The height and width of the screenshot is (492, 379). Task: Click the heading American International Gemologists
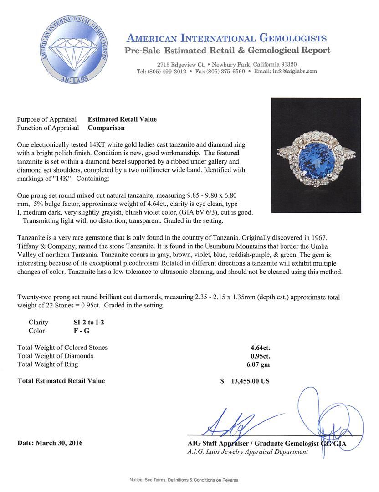[x=226, y=38]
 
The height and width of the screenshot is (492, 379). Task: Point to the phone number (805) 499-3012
[x=162, y=72]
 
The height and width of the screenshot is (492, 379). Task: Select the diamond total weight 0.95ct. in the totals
[x=257, y=356]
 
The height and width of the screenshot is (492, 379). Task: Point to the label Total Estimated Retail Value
[x=61, y=381]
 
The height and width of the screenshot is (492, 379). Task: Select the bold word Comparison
[x=106, y=128]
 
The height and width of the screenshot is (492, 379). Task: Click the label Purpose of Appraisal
[x=47, y=119]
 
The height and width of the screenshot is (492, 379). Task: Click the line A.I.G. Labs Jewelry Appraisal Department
[x=248, y=452]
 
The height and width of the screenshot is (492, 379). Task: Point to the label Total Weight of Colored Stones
[x=62, y=348]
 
